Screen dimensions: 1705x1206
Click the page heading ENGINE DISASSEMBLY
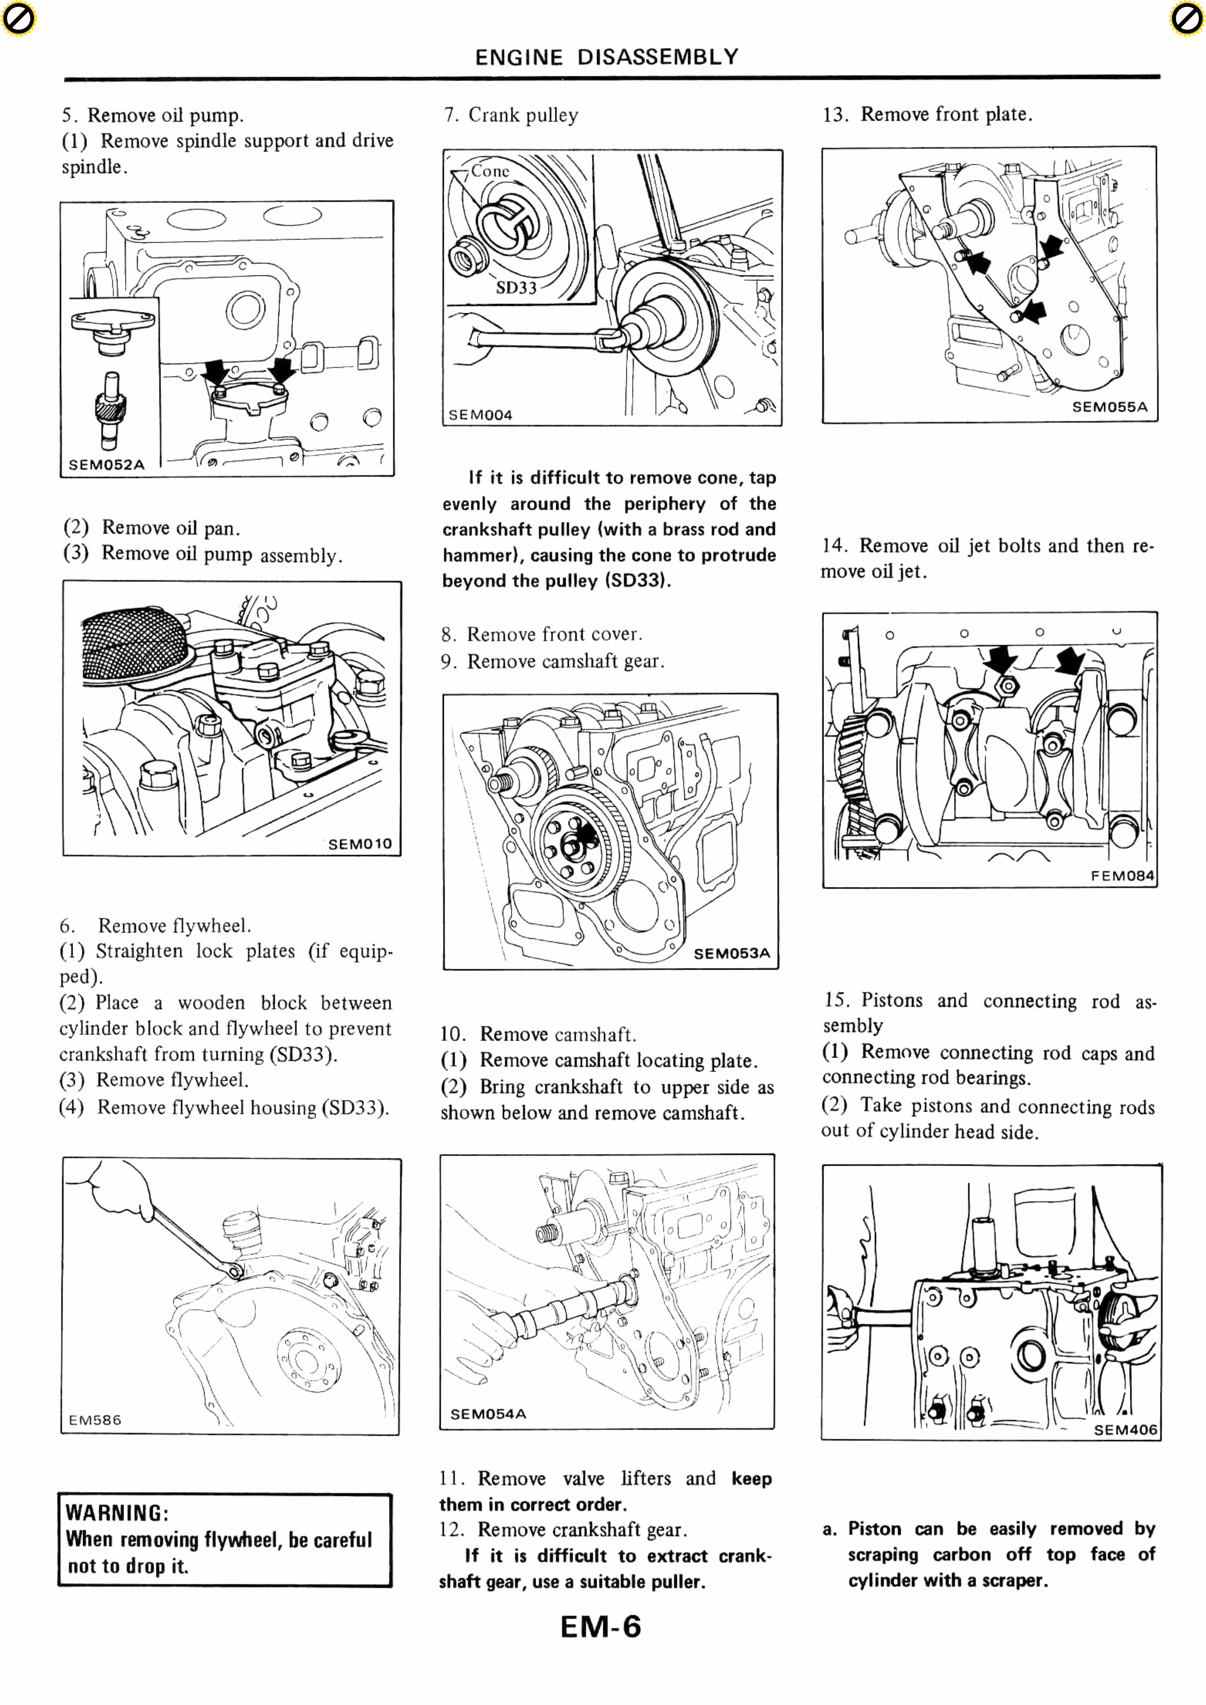607,57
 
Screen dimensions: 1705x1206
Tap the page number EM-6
601,1626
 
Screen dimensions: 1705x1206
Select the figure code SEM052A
106,465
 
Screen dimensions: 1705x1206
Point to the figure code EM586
95,1420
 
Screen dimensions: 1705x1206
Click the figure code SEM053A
731,953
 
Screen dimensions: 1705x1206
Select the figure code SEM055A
1109,407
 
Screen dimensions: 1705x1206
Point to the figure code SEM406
1125,1429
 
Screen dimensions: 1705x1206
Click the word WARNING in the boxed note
117,1513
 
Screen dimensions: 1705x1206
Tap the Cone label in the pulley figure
490,171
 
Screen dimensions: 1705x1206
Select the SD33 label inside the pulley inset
516,287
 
